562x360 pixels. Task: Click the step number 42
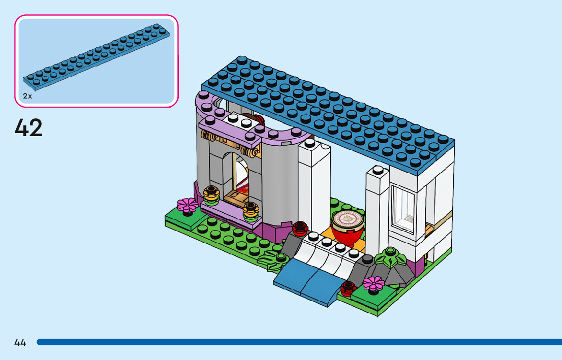[x=29, y=128]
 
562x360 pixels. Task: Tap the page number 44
[x=20, y=343]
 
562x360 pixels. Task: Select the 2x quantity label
[x=27, y=96]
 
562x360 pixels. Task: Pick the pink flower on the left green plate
[x=188, y=205]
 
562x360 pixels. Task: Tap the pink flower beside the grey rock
[x=374, y=283]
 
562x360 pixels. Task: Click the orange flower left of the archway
[x=210, y=193]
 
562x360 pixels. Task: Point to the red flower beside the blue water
[x=349, y=288]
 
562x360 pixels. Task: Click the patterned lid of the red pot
[x=347, y=219]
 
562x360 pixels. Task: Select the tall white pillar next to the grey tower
[x=314, y=188]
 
